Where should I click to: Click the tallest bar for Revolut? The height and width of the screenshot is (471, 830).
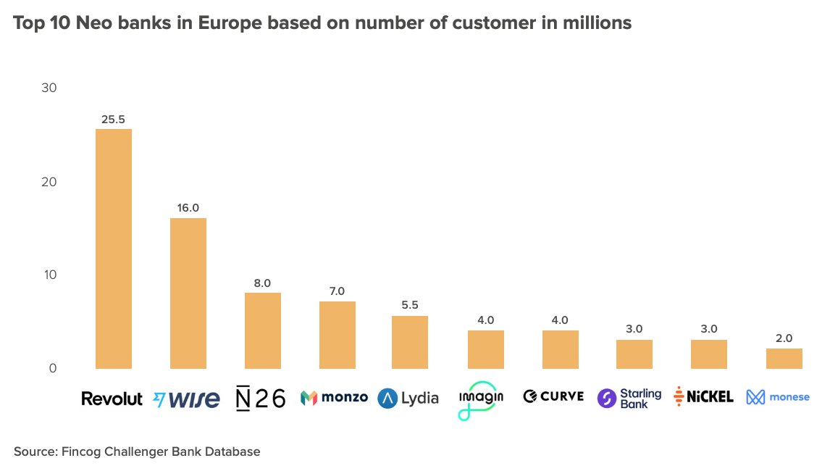pyautogui.click(x=114, y=249)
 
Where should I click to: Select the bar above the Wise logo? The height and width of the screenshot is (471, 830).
pyautogui.click(x=188, y=293)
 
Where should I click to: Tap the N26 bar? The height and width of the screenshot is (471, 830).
pyautogui.click(x=263, y=330)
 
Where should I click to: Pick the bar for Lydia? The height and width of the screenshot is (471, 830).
pyautogui.click(x=410, y=342)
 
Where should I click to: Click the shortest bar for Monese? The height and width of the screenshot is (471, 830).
pyautogui.click(x=784, y=358)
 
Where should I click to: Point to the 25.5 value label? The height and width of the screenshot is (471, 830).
pyautogui.click(x=114, y=119)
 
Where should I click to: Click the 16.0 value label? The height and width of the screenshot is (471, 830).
pyautogui.click(x=188, y=208)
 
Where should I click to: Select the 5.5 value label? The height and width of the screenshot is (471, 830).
pyautogui.click(x=410, y=306)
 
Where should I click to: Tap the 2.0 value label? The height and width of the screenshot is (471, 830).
pyautogui.click(x=784, y=338)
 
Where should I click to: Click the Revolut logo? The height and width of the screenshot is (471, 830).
pyautogui.click(x=112, y=399)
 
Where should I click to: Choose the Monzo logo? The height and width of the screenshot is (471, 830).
pyautogui.click(x=334, y=398)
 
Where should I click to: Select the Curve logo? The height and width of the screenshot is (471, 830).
pyautogui.click(x=553, y=396)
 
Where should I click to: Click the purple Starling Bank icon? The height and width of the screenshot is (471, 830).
pyautogui.click(x=607, y=399)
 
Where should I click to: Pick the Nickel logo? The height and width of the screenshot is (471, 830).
pyautogui.click(x=703, y=396)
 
